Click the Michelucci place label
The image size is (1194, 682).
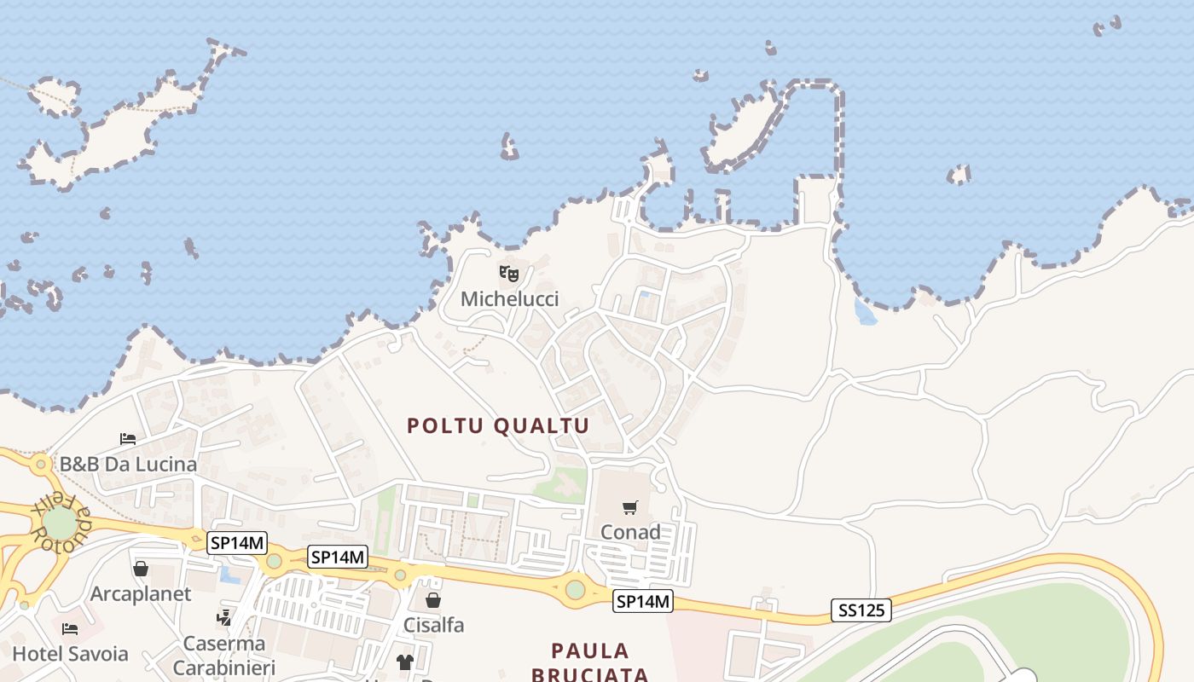[509, 299]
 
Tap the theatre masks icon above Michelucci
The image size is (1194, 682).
[509, 274]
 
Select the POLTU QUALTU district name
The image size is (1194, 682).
[498, 425]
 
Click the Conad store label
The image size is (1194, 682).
[630, 532]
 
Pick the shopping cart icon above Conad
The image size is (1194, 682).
[630, 508]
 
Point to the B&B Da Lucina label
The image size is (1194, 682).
[128, 465]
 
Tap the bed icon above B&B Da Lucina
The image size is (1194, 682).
[128, 439]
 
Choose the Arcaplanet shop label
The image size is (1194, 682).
[141, 594]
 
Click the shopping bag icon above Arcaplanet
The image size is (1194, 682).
[141, 569]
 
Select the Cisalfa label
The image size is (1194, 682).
[433, 625]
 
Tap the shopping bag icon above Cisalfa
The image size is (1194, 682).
[433, 600]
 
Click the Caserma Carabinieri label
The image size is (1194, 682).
[224, 654]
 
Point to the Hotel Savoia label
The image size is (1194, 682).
[70, 654]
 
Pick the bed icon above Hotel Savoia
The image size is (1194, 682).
[70, 629]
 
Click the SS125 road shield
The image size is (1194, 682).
[861, 610]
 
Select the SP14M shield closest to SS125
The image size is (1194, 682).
[643, 602]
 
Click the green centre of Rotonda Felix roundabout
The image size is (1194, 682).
[59, 523]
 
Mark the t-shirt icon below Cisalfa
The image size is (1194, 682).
[405, 662]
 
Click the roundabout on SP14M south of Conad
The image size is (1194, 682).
[576, 588]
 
